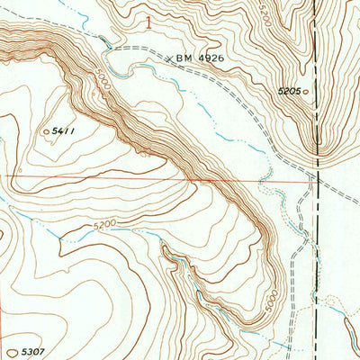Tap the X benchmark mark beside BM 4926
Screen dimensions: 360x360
click(169, 58)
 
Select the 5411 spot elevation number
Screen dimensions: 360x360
click(64, 131)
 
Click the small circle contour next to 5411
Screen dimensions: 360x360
click(47, 132)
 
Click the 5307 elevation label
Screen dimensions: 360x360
click(32, 343)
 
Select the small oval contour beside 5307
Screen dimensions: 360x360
click(12, 343)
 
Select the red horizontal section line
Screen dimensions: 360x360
click(135, 177)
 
